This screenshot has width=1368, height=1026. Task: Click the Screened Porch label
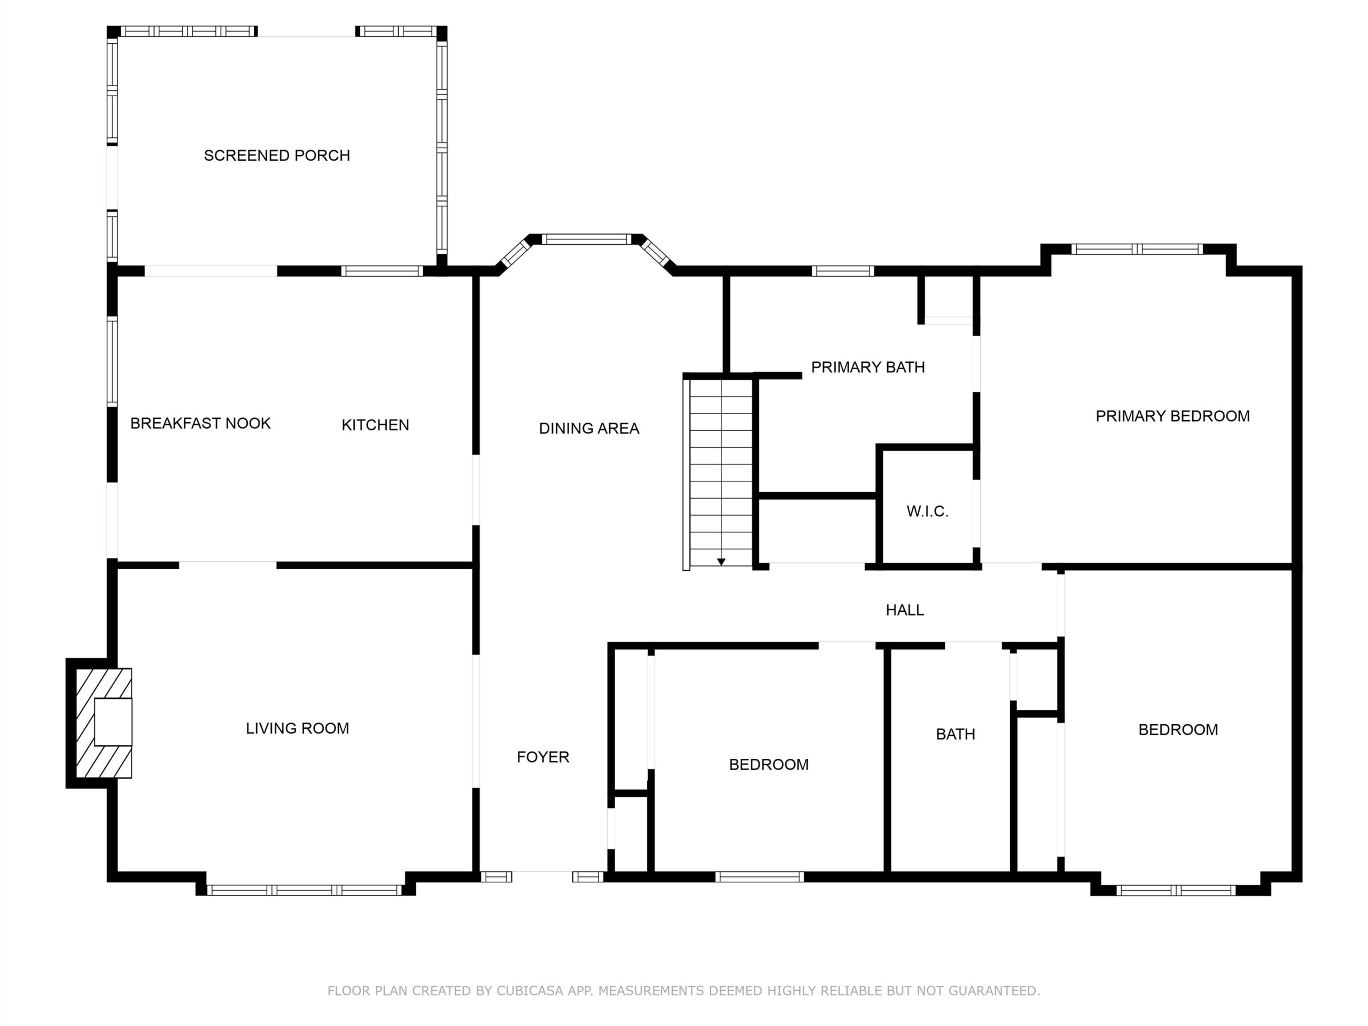277,155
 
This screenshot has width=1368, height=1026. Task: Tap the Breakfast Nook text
200,423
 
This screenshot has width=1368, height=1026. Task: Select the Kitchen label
375,425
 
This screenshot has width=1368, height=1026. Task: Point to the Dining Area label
589,428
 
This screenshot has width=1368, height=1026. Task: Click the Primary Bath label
868,367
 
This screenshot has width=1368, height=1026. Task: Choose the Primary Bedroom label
1172,416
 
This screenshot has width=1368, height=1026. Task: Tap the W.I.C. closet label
928,511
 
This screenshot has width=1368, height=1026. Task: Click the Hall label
905,610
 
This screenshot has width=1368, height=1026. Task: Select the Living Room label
298,728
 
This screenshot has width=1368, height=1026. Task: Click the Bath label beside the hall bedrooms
955,734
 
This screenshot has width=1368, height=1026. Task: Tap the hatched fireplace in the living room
104,723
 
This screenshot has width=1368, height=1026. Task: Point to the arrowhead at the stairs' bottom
721,562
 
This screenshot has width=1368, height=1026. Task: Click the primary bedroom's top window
1137,249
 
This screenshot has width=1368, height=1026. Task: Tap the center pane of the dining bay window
586,239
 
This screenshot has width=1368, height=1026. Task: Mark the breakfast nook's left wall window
112,362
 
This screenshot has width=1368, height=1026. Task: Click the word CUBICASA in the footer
530,991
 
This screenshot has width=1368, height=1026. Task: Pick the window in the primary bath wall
843,271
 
